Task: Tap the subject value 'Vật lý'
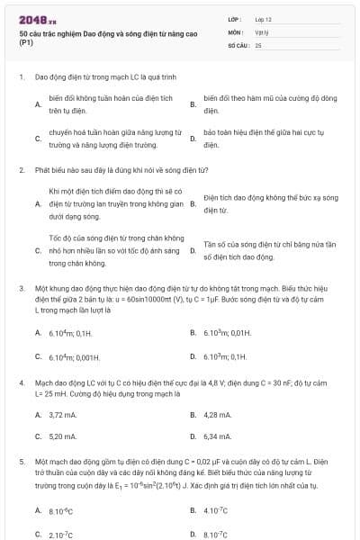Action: [x=262, y=31]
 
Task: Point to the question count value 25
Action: [x=258, y=43]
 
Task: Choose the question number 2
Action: [x=21, y=169]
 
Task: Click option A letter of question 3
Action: [x=37, y=333]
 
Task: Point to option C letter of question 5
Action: [x=37, y=534]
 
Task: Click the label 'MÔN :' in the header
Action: [x=236, y=31]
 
